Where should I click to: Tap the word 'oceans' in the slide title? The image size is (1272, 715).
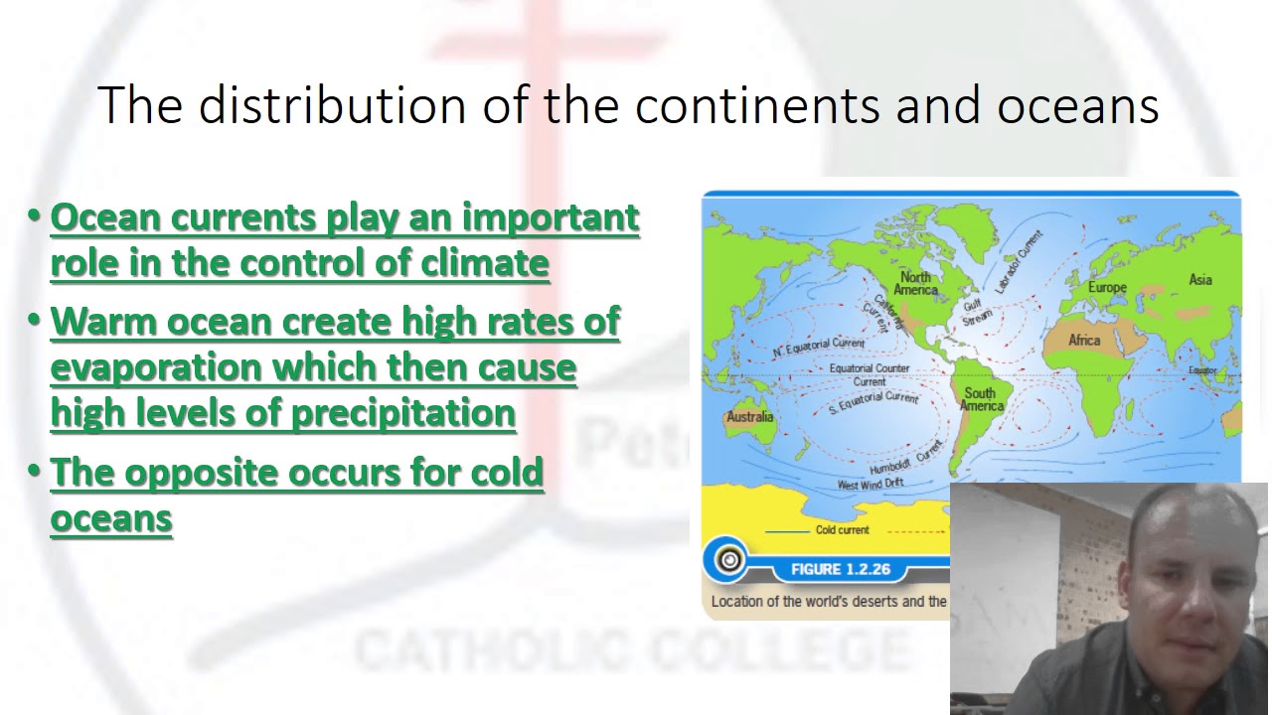coord(1077,105)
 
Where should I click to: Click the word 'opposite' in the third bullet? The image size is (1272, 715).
coord(208,473)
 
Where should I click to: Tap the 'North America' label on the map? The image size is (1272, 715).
coord(915,283)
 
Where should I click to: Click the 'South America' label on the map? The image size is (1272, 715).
coord(981,399)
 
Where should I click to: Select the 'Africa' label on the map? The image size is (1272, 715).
coord(1084,340)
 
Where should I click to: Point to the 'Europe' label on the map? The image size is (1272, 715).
coord(1106,287)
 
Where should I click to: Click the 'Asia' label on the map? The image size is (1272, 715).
coord(1200,279)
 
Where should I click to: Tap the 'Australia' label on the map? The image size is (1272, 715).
coord(749,416)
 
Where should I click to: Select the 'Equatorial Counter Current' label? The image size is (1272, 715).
coord(869,374)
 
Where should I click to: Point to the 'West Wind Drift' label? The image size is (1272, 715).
coord(870,485)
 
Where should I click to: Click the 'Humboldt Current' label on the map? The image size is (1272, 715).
coord(904,459)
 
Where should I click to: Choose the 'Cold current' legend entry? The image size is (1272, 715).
coord(842,530)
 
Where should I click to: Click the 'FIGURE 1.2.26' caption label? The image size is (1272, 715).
coord(840,569)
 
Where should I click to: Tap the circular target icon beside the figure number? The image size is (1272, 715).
coord(729,560)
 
